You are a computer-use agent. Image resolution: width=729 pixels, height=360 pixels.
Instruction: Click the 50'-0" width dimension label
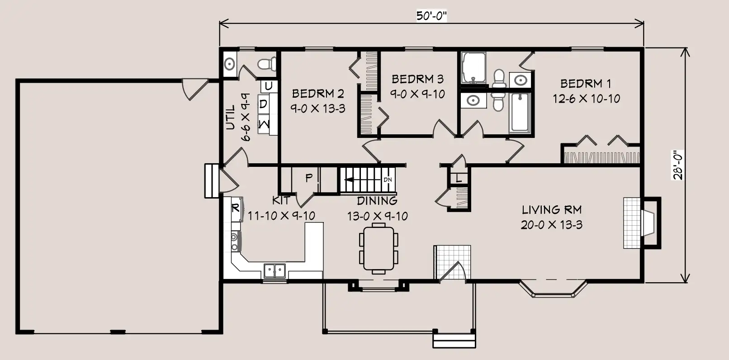pyautogui.click(x=431, y=16)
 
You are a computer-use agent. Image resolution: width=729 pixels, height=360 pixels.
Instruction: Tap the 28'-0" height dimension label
pyautogui.click(x=678, y=165)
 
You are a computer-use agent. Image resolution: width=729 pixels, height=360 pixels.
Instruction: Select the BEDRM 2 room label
pyautogui.click(x=318, y=94)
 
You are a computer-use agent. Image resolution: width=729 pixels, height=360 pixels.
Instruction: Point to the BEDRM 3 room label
pyautogui.click(x=417, y=79)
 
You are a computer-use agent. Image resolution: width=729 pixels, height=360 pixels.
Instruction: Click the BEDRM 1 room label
pyautogui.click(x=586, y=84)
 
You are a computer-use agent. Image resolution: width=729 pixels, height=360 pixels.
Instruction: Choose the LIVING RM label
pyautogui.click(x=552, y=210)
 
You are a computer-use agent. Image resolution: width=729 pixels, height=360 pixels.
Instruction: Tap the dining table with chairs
pyautogui.click(x=379, y=249)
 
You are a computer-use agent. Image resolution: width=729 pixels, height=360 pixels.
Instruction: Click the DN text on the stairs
pyautogui.click(x=388, y=180)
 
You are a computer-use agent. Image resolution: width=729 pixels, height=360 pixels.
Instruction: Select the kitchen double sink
pyautogui.click(x=275, y=271)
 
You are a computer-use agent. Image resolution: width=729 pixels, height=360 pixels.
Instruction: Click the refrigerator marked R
pyautogui.click(x=237, y=208)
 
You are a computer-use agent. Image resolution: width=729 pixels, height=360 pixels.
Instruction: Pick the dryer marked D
pyautogui.click(x=264, y=104)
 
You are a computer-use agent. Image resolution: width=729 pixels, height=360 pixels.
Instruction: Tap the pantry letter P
pyautogui.click(x=309, y=178)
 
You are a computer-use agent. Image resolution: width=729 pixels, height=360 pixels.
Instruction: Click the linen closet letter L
pyautogui.click(x=459, y=178)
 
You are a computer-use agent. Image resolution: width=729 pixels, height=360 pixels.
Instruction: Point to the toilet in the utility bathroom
pyautogui.click(x=267, y=64)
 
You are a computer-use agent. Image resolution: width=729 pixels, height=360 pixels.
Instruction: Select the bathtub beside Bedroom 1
pyautogui.click(x=520, y=113)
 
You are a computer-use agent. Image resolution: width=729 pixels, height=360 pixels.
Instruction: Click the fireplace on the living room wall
pyautogui.click(x=642, y=223)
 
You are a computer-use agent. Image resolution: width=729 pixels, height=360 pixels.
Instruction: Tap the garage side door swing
pyautogui.click(x=194, y=89)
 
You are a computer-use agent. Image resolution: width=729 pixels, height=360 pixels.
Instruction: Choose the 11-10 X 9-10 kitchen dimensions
pyautogui.click(x=281, y=216)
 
